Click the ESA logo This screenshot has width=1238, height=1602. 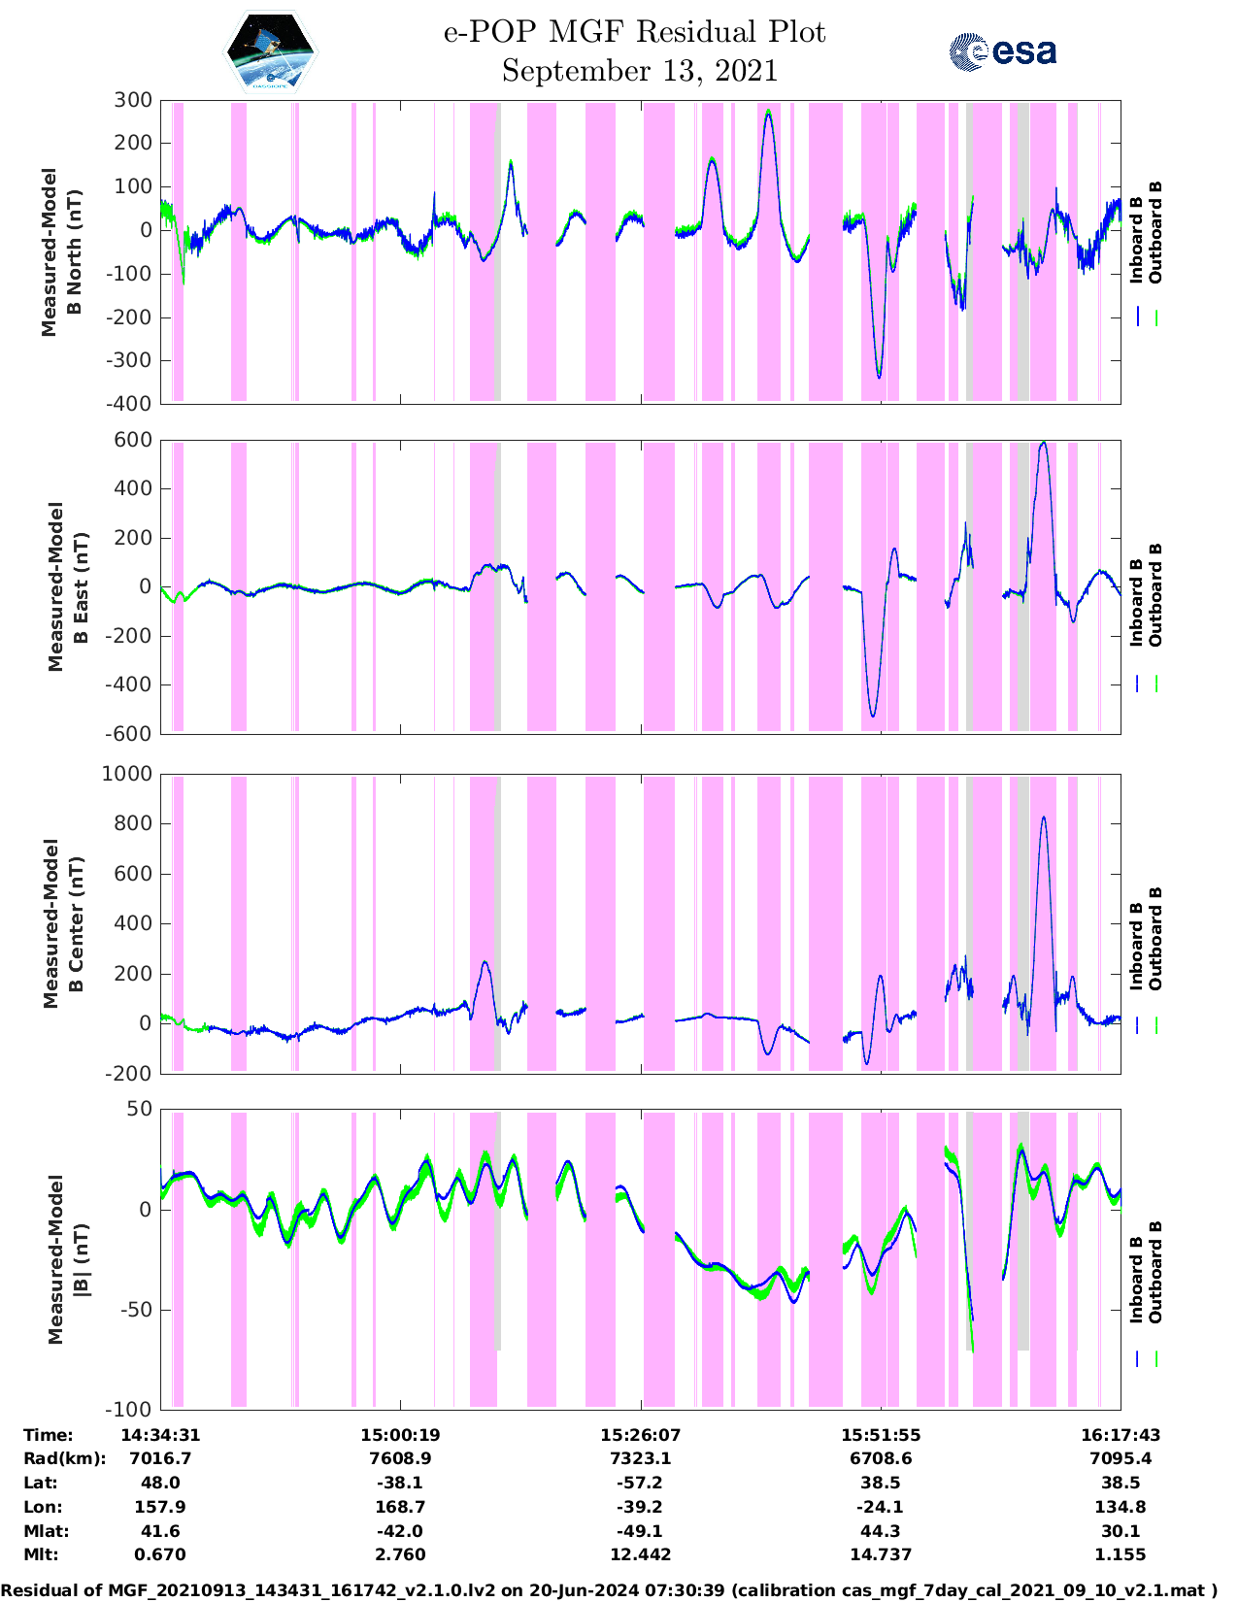1002,51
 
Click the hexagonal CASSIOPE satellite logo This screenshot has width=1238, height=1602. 271,52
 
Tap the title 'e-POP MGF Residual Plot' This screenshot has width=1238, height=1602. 634,32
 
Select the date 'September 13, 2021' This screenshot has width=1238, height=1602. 639,71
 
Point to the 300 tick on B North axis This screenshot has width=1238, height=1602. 133,100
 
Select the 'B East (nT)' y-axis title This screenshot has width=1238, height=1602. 82,586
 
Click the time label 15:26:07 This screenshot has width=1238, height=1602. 640,1435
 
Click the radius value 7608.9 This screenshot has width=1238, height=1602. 400,1458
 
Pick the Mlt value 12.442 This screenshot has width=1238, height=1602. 640,1554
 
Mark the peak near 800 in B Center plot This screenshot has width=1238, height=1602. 1044,818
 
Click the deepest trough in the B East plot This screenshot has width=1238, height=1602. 873,716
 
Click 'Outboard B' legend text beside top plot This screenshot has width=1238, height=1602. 1155,233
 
